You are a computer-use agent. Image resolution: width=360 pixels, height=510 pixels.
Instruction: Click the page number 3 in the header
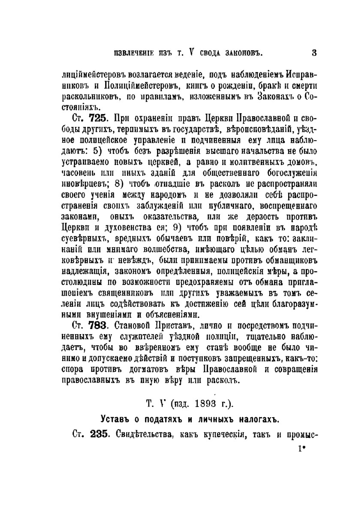point(314,53)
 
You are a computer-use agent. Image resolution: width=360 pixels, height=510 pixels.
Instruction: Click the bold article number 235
point(99,434)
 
